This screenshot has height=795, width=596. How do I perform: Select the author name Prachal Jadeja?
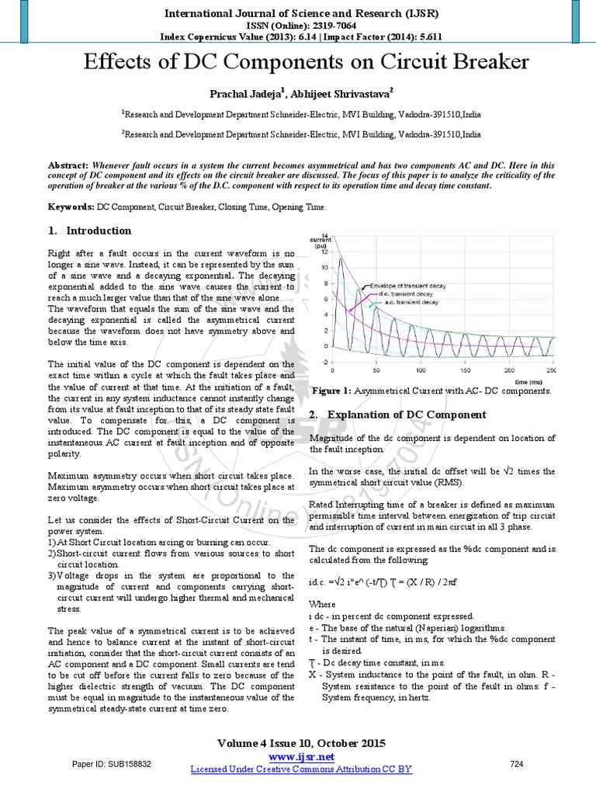(229, 94)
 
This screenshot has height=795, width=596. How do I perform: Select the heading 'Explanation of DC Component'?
(407, 415)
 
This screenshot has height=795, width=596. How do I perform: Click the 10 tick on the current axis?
(327, 267)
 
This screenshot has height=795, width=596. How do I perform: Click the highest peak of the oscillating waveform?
(340, 259)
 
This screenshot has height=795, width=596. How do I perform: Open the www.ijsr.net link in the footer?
(301, 756)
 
